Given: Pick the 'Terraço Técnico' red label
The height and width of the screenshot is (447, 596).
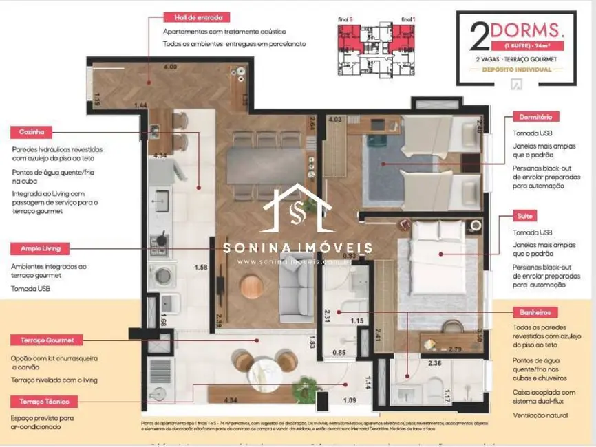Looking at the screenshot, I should (x=44, y=401).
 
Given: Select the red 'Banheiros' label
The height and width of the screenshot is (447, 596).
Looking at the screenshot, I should (x=531, y=312).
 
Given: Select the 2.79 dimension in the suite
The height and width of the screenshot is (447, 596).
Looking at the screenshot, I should (x=455, y=349).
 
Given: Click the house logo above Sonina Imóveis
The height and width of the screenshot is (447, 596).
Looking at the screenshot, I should (x=297, y=210).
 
